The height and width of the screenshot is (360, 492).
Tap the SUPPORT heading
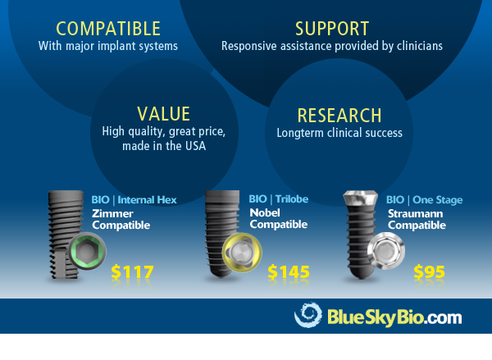point(331,30)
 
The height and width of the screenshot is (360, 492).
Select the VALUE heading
point(164,113)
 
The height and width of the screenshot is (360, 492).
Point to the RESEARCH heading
point(339,115)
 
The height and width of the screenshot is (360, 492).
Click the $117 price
point(131,272)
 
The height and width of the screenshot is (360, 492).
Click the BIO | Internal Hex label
point(125,199)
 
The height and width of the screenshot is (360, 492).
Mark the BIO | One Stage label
point(425,199)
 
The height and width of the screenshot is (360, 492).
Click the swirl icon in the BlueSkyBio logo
point(308,317)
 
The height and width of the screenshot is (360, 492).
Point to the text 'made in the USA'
point(164,146)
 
